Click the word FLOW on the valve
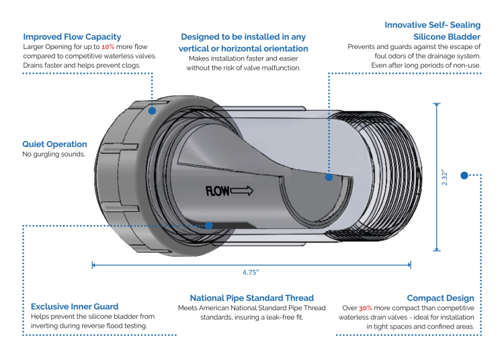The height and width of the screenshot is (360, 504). pos(217,191)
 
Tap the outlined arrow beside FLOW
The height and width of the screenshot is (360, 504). pos(242,191)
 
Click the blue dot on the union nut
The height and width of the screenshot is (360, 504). pos(153,110)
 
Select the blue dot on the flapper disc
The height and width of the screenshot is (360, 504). pos(329,177)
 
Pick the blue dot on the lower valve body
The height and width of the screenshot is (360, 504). pos(210,226)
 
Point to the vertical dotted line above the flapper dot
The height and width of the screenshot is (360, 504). pos(329,141)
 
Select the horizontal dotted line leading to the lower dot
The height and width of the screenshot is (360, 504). pos(161,226)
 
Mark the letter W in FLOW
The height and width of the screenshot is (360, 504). pos(226,191)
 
